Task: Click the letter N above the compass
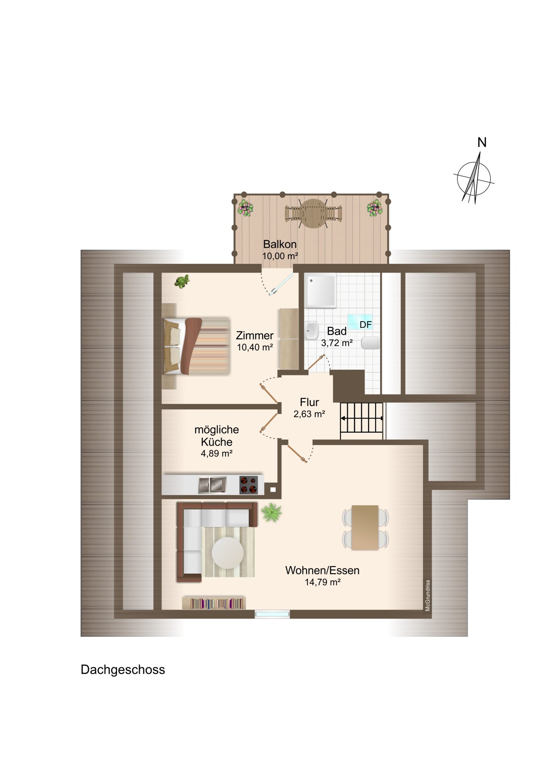point(482,142)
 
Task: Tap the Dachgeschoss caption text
point(123,670)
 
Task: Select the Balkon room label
point(280,244)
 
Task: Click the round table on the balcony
point(313,213)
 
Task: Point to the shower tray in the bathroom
point(321,291)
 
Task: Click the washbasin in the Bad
point(311,331)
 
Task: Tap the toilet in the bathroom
point(370,343)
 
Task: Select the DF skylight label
point(365,325)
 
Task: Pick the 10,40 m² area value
point(255,347)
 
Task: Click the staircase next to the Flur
point(361,421)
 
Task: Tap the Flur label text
point(309,402)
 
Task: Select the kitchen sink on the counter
point(212,485)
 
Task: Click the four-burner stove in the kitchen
point(249,485)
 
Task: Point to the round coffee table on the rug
point(228,553)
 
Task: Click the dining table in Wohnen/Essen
point(365,528)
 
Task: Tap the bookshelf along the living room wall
point(214,603)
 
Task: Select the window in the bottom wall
point(272,614)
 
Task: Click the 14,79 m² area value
point(323,582)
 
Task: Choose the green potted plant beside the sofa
point(271,513)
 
